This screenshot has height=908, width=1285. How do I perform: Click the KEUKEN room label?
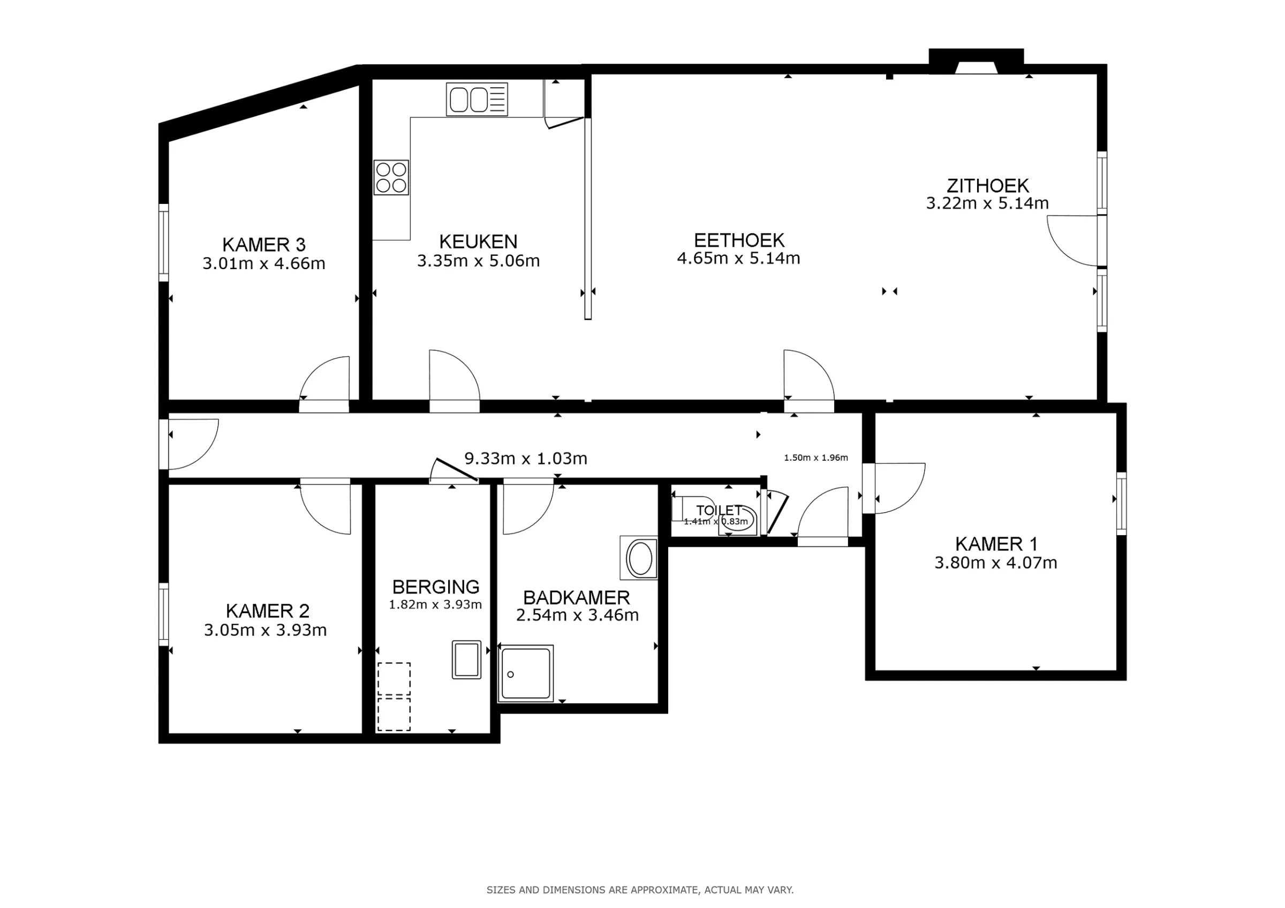[478, 242]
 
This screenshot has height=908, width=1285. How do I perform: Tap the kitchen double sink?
[477, 100]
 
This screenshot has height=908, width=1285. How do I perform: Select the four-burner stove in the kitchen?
[391, 177]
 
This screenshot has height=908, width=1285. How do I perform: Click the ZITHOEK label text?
[987, 185]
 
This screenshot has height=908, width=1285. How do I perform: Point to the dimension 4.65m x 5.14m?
[738, 258]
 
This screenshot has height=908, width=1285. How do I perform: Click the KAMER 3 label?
[263, 245]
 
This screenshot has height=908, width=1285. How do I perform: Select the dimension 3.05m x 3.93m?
[264, 630]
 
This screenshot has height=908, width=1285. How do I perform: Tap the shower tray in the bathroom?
[526, 674]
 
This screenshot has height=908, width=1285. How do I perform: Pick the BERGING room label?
[435, 587]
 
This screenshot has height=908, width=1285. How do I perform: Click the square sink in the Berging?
[466, 660]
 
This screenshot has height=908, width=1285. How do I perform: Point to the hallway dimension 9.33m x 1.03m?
[526, 459]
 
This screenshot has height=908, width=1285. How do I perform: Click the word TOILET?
[719, 510]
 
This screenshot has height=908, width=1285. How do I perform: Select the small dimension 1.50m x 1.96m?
[815, 457]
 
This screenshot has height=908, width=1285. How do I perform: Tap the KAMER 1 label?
[996, 544]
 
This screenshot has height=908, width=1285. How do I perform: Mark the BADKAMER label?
[577, 598]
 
